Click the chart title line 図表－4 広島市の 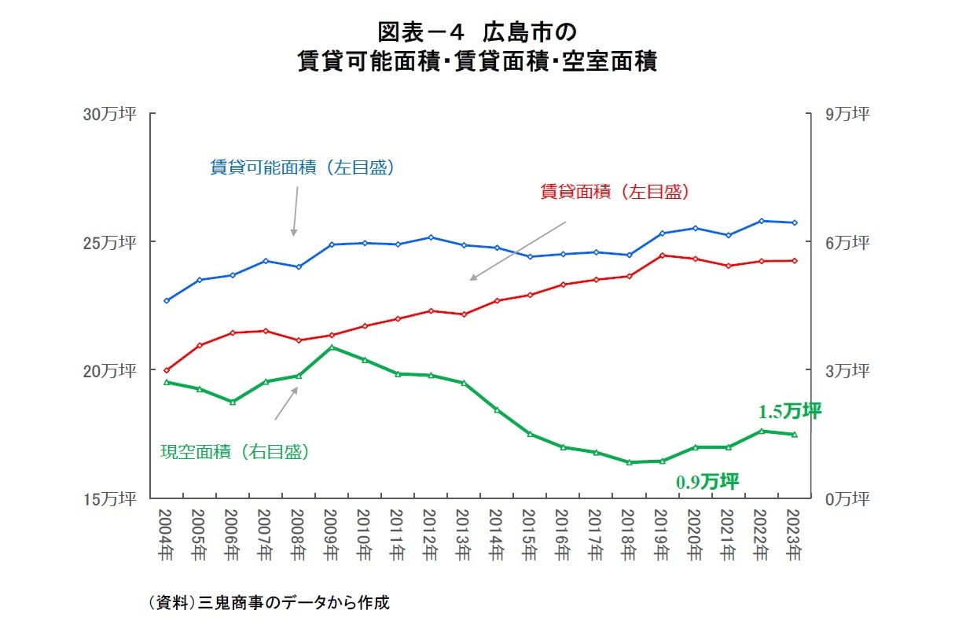477,32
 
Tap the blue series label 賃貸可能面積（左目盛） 302,167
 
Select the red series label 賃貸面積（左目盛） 615,191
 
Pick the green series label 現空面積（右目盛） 234,451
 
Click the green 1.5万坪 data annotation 789,411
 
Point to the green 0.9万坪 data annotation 707,482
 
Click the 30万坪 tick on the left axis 109,114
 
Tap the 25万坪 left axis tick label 109,241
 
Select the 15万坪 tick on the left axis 109,498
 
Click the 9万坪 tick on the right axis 847,114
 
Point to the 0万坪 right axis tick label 847,498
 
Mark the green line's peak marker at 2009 332,347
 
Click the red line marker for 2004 167,369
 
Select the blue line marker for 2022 761,221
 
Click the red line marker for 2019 662,255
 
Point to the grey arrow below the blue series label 296,212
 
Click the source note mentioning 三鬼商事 268,603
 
